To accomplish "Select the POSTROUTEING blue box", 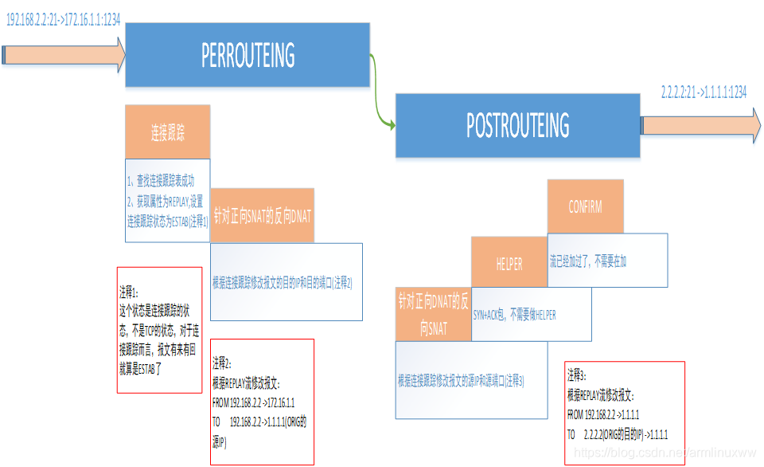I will (518, 125).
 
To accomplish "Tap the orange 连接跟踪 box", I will (168, 132).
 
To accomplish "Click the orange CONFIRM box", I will (585, 206).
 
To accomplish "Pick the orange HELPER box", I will (509, 265).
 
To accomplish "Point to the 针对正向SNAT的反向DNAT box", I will (262, 215).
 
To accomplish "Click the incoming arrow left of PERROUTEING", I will (64, 54).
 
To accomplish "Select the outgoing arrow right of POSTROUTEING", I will (700, 124).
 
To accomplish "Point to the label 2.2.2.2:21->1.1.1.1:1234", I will (704, 92).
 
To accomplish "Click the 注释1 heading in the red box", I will (129, 291).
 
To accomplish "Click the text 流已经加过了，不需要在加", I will (593, 261).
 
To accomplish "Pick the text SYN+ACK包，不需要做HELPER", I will (515, 315).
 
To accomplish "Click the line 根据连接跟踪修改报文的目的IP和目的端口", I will (282, 282).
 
